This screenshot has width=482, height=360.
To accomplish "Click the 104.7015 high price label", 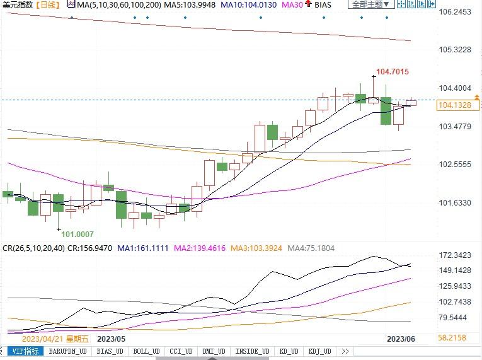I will (392, 72).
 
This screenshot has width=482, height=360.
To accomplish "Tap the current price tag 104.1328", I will (453, 106).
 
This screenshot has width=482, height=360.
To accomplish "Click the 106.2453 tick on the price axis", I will (454, 12).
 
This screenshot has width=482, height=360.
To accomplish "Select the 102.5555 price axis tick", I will (454, 165).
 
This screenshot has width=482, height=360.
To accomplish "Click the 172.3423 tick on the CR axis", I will (454, 255).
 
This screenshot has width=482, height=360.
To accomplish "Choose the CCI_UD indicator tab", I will (181, 351).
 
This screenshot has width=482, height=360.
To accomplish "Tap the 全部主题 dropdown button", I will (370, 4).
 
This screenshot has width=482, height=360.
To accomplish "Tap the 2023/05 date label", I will (112, 339).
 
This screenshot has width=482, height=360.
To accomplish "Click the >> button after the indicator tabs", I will (345, 351).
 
